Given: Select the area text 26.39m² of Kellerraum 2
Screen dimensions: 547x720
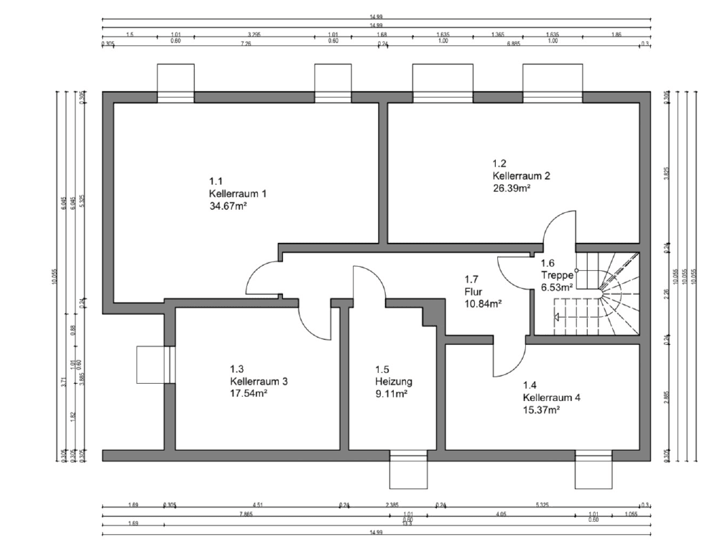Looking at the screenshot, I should [512, 188].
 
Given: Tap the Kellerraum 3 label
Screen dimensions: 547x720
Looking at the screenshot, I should [259, 381].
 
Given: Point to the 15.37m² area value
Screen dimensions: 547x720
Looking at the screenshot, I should [542, 410].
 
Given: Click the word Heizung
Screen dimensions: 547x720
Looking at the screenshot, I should [393, 382].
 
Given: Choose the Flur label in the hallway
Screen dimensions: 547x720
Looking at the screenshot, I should [474, 291].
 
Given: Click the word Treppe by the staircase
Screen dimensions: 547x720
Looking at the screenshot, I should [557, 275].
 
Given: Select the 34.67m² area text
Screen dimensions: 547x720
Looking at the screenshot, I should [229, 206].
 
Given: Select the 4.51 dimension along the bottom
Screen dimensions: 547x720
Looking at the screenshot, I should [258, 505].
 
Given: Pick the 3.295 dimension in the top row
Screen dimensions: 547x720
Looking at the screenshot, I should [254, 34].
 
